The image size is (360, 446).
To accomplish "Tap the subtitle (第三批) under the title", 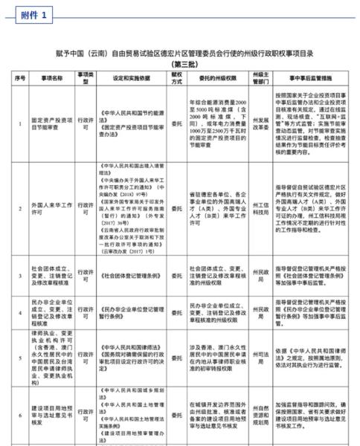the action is click(x=179, y=62).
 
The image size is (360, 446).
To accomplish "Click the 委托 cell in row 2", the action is click(x=176, y=190).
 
